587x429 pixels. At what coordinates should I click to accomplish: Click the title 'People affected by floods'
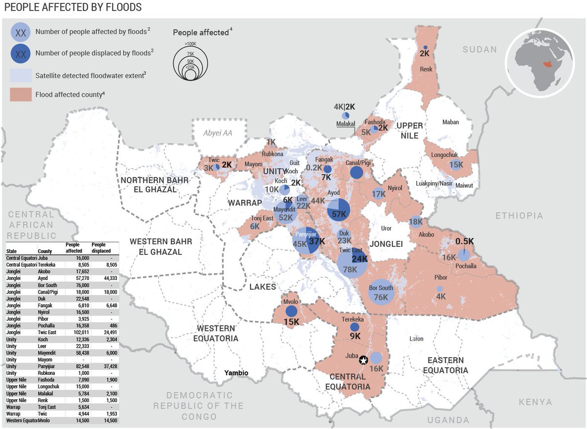point(72,7)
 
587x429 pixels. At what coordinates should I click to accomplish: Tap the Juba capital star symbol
point(363,360)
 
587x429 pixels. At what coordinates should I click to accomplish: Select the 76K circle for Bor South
point(381,292)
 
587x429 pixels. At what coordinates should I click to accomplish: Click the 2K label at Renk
point(424,53)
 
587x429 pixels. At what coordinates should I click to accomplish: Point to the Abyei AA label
point(218,133)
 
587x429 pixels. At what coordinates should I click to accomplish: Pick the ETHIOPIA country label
point(519,215)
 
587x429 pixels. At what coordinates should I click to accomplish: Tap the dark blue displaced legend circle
point(21,54)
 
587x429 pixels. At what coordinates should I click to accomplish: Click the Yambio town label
point(236,373)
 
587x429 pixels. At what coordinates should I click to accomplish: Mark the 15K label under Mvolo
point(292,322)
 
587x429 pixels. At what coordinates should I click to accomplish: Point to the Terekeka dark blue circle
point(355,327)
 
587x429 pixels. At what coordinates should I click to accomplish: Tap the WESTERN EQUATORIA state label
point(216,333)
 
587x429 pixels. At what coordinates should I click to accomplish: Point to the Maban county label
point(451,122)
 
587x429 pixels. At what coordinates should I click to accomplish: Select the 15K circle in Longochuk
point(456,165)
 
